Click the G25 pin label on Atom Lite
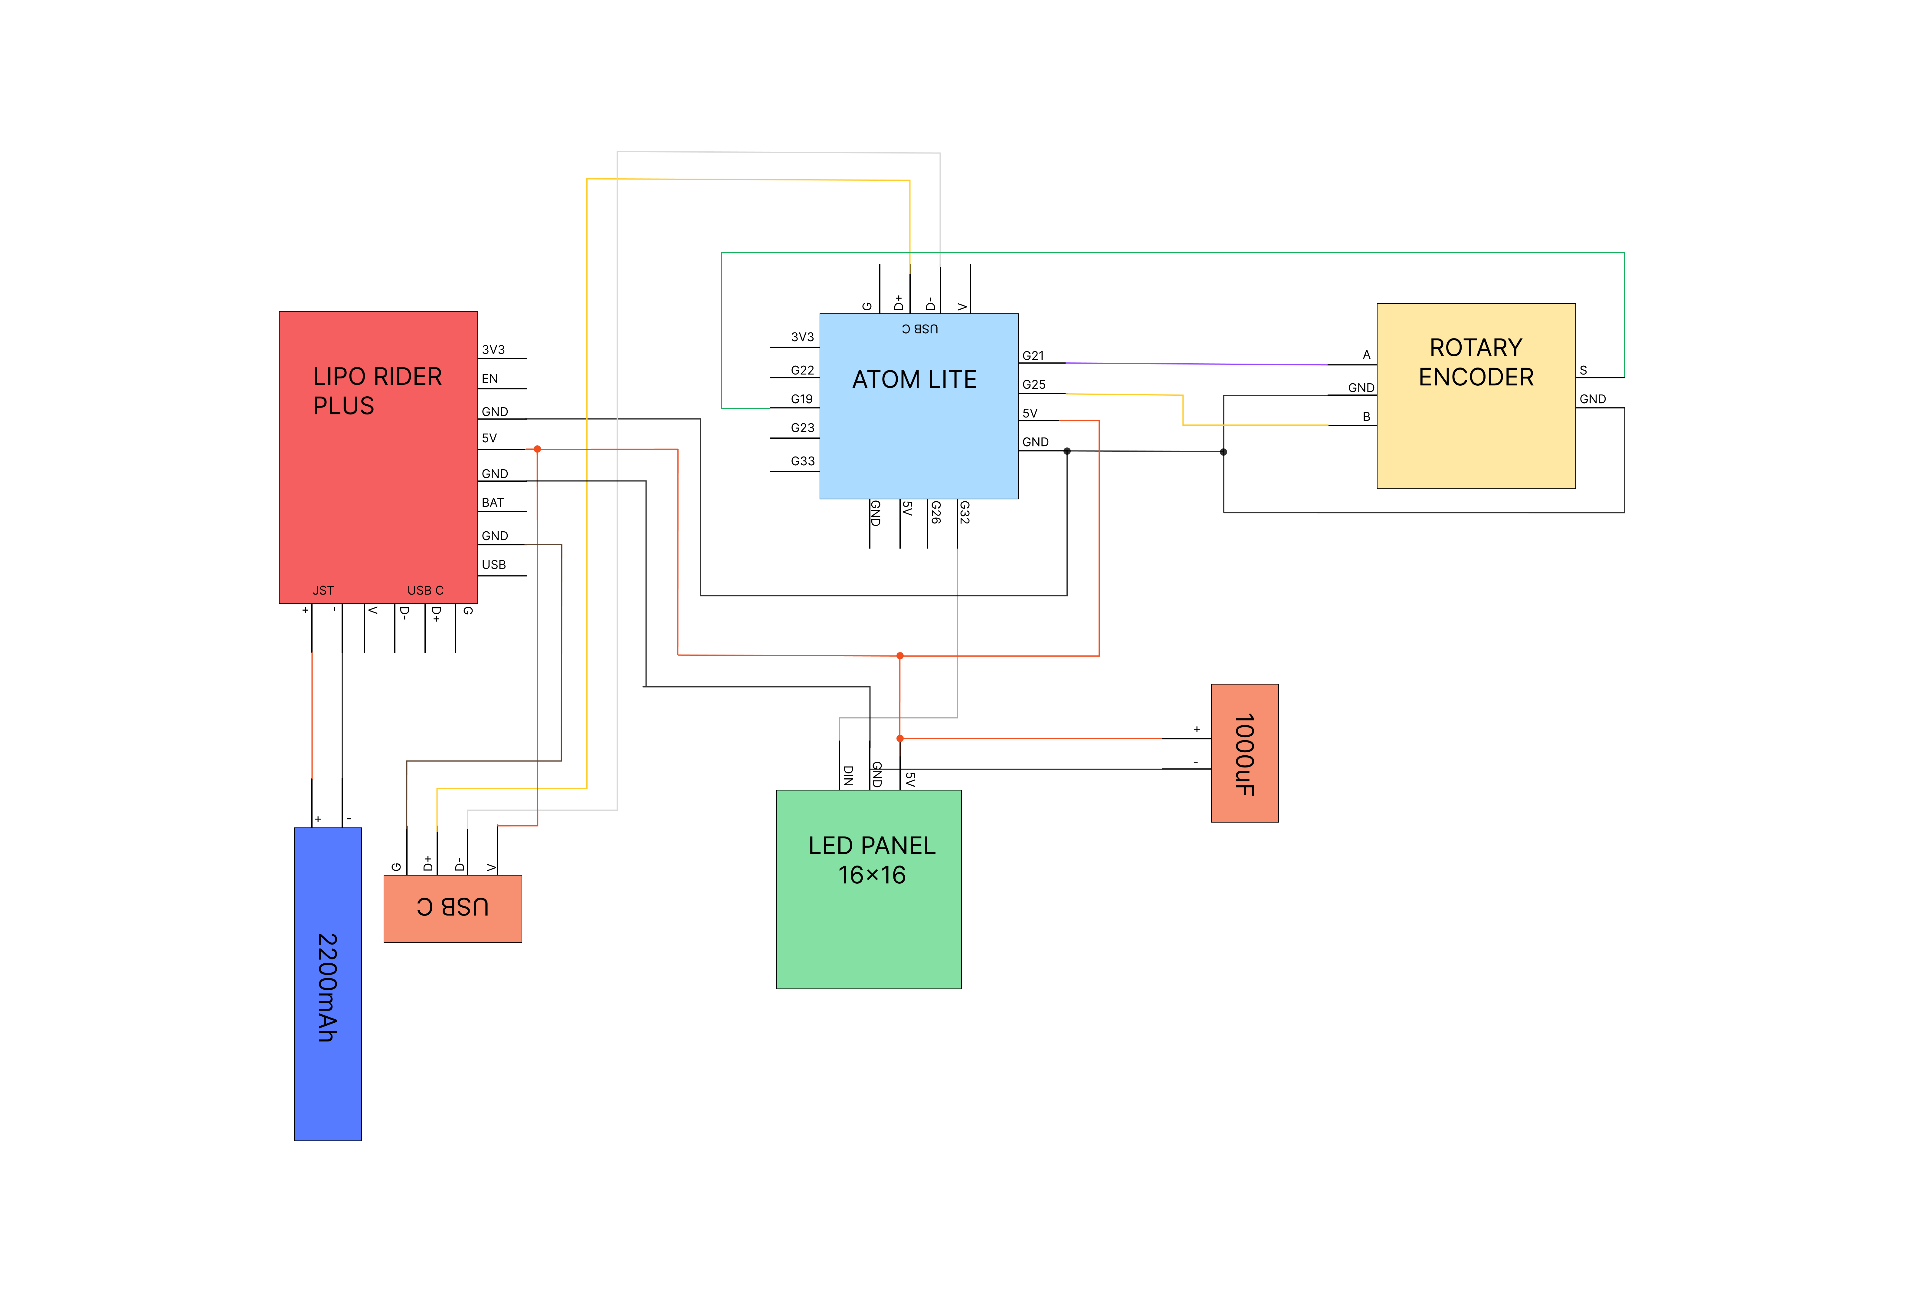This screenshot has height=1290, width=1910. pos(1033,385)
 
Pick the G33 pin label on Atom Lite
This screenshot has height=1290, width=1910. pos(802,461)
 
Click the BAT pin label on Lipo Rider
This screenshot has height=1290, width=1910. pos(492,502)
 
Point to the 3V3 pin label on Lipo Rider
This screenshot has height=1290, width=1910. pos(493,349)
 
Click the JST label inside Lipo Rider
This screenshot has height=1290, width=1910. pos(323,590)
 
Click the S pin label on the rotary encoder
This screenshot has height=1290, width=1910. pos(1583,370)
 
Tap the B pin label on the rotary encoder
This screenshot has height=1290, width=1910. pos(1366,417)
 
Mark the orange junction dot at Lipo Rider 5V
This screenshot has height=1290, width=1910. pos(537,449)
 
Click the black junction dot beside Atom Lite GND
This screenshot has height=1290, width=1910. pos(1067,451)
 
